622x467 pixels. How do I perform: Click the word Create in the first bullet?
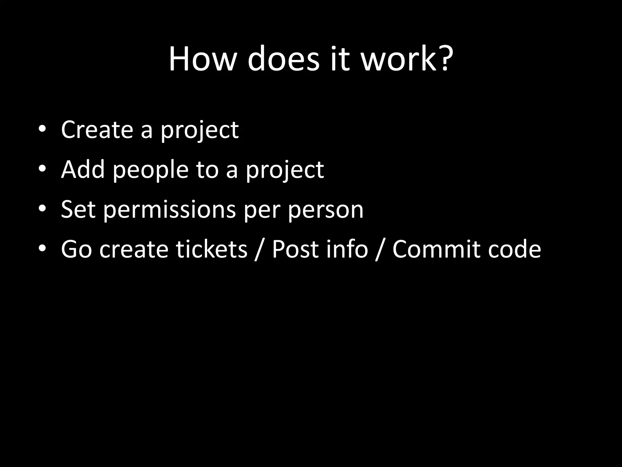point(97,130)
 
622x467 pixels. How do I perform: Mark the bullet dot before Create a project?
point(42,129)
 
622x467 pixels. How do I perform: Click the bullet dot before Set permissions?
point(42,209)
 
